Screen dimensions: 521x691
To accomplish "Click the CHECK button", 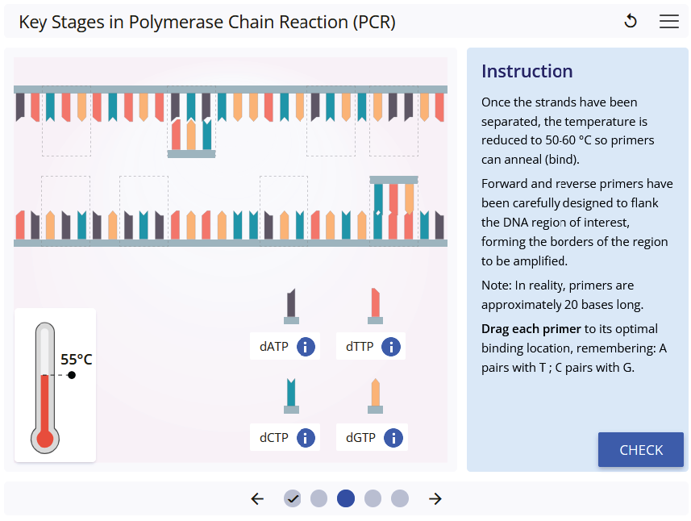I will coord(641,450).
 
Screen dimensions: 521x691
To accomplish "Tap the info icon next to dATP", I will coord(306,347).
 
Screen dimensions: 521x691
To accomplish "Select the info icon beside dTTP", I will coord(391,347).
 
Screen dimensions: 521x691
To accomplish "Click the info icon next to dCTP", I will coord(306,438).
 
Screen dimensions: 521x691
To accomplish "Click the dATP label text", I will coord(274,347).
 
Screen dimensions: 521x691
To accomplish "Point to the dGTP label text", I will coord(360,438).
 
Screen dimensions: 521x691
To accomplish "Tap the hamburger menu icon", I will coord(669,22).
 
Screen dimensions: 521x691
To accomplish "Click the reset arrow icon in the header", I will coord(631,22).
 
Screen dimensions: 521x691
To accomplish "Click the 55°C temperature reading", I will coord(77,359).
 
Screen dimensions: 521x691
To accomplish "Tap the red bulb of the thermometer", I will coord(44,439).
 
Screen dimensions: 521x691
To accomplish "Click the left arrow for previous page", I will coord(257,498).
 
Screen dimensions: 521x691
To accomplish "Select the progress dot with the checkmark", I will coord(293,498).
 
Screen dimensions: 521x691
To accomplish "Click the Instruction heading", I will coord(527,71).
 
